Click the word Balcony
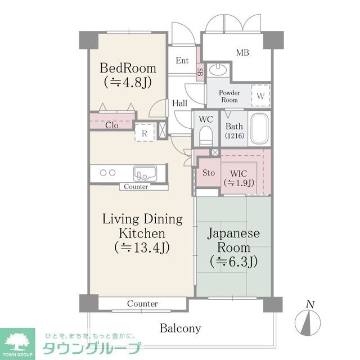tap(180, 328)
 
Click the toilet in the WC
tap(205, 135)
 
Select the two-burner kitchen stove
tap(107, 173)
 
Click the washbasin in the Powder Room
tap(218, 70)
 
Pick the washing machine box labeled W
tap(260, 95)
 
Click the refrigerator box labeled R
tap(145, 133)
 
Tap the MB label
tap(242, 53)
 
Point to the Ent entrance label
tap(182, 61)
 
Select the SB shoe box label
tap(200, 71)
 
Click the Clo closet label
tap(111, 125)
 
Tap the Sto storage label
tap(208, 173)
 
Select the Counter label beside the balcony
tap(142, 304)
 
